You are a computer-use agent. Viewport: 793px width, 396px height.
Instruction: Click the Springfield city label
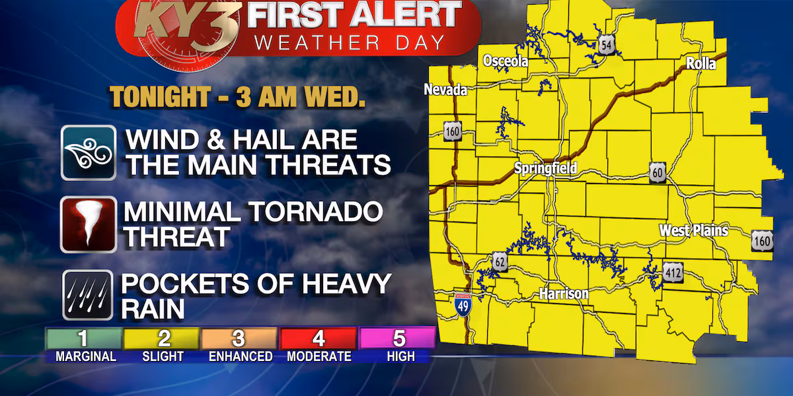(x=546, y=168)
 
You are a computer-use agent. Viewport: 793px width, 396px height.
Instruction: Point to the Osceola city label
(x=506, y=61)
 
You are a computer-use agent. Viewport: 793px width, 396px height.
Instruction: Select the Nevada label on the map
(x=445, y=90)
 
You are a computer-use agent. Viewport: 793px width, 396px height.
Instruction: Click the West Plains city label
(x=693, y=230)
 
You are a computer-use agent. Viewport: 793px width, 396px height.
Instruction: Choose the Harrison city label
(x=564, y=293)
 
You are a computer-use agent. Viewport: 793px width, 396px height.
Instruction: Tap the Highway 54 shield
(x=605, y=45)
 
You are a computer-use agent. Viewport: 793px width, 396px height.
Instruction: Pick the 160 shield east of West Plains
(x=761, y=241)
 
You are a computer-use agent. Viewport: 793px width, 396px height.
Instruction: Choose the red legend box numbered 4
(x=319, y=339)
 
